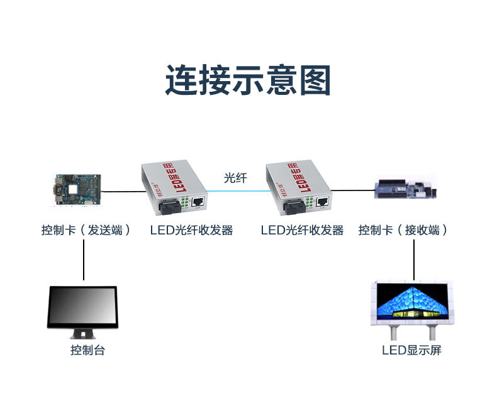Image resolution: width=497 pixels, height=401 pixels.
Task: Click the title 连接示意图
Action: click(x=248, y=80)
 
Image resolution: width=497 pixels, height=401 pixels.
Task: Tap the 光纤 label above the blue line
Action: click(x=235, y=178)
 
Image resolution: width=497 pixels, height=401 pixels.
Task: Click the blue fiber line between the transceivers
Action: click(x=236, y=191)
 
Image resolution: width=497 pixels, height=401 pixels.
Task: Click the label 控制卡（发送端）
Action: click(x=86, y=230)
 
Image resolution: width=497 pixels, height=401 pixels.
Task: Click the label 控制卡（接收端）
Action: click(x=403, y=230)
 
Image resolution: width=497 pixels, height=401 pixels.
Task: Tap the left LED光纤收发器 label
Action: click(x=191, y=230)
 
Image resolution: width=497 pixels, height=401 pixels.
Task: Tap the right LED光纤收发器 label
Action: click(x=302, y=230)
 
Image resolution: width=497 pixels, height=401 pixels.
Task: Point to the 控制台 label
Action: click(x=87, y=350)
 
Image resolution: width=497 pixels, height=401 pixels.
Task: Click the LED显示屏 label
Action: click(x=411, y=350)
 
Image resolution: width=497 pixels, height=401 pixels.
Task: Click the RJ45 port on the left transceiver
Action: click(x=197, y=202)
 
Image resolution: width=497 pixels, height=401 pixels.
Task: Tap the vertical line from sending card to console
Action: click(x=84, y=259)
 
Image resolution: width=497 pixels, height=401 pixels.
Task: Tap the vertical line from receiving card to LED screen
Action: click(x=414, y=259)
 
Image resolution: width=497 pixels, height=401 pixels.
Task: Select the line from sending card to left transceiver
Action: click(x=122, y=190)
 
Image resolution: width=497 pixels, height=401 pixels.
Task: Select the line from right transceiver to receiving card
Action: click(x=352, y=190)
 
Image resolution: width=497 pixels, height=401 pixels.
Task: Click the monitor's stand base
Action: click(x=82, y=336)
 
